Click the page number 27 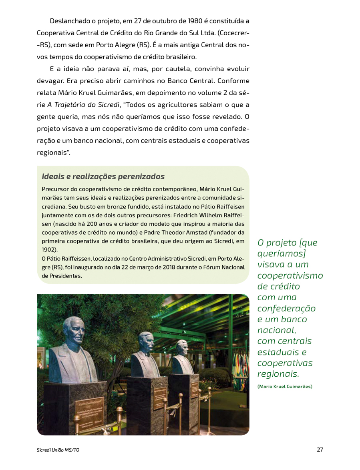point(320,450)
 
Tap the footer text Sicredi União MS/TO point(58,450)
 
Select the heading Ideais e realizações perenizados point(103,177)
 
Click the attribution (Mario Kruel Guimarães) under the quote point(284,386)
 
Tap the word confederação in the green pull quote point(286,309)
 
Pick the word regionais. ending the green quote point(278,374)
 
